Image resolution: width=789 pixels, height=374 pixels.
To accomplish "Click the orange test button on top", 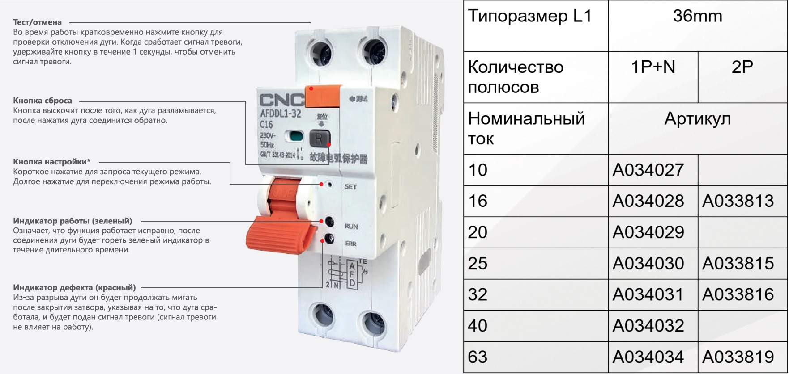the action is [x=323, y=96].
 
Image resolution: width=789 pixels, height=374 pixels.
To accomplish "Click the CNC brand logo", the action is [x=281, y=100].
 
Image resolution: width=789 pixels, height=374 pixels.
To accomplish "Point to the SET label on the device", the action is [x=350, y=187].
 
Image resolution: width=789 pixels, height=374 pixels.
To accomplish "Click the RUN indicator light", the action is [x=329, y=222].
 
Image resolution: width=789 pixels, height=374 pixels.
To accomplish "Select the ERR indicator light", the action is [x=329, y=239].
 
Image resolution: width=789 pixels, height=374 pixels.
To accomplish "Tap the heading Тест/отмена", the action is [x=38, y=22].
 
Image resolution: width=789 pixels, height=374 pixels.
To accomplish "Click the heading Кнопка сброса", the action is [x=43, y=101].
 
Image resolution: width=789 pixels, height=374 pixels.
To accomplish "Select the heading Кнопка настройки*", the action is [x=52, y=162].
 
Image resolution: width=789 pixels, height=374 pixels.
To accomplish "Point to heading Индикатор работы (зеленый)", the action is [x=73, y=221].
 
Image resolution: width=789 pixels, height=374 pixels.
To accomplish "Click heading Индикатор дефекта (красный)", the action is [x=74, y=287].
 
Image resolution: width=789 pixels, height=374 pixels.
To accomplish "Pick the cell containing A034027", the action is [x=653, y=170].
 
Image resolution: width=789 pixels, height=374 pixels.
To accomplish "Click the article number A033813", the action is [x=738, y=201].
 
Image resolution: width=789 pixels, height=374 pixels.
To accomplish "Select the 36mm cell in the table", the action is [x=698, y=26].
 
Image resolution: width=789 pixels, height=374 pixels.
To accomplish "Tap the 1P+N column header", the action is [x=653, y=67].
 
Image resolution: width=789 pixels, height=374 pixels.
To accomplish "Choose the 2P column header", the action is [x=742, y=67].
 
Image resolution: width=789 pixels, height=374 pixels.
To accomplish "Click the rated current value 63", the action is [x=478, y=357].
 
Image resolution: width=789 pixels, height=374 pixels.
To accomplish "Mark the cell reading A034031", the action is [x=653, y=295].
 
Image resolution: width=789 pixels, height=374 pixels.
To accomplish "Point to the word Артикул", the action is [x=698, y=119].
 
